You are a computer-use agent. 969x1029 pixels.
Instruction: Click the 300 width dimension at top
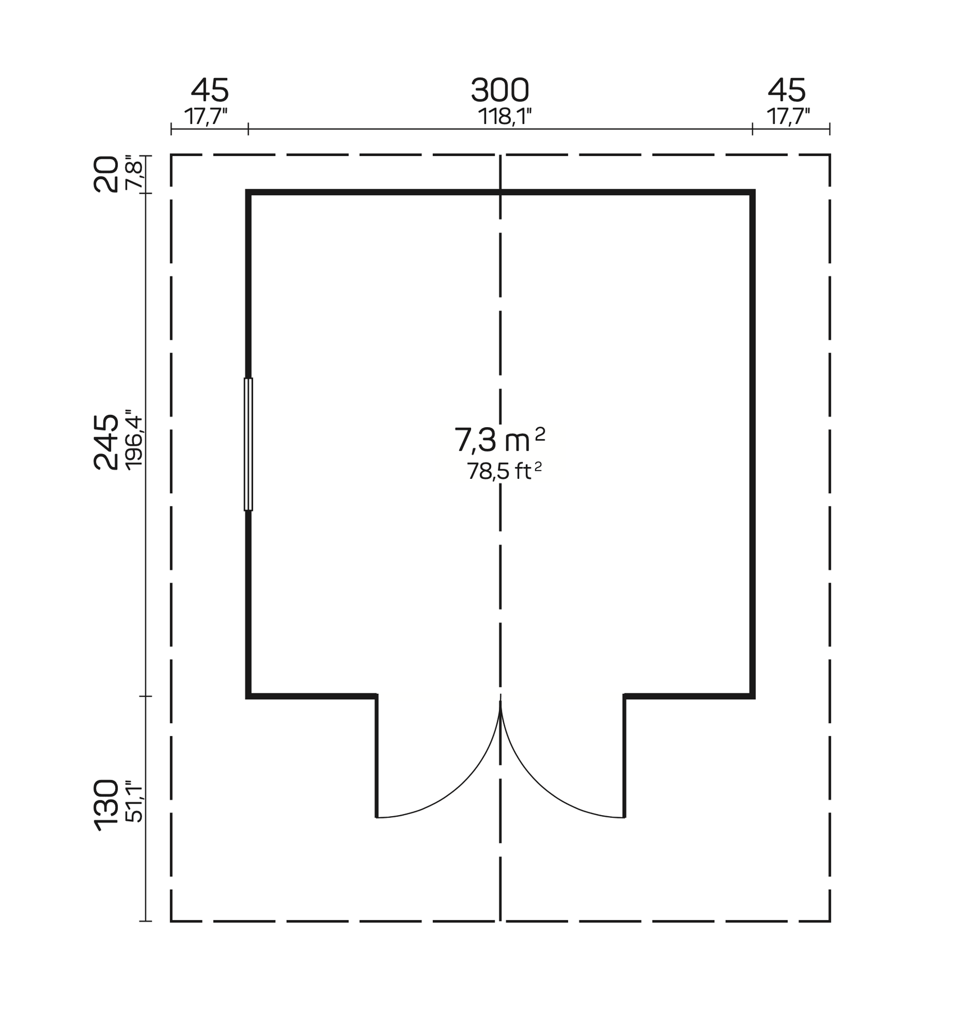click(500, 90)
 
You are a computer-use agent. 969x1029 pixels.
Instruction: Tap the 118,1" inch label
click(505, 117)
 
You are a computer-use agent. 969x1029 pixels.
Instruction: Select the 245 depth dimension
click(106, 442)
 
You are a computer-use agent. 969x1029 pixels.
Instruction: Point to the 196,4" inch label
click(135, 439)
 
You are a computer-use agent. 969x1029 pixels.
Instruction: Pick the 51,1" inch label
click(135, 801)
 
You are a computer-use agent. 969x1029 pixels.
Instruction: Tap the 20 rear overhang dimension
click(106, 174)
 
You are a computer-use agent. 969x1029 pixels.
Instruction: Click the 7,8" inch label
click(135, 172)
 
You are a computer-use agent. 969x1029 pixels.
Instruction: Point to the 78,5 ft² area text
click(504, 471)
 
